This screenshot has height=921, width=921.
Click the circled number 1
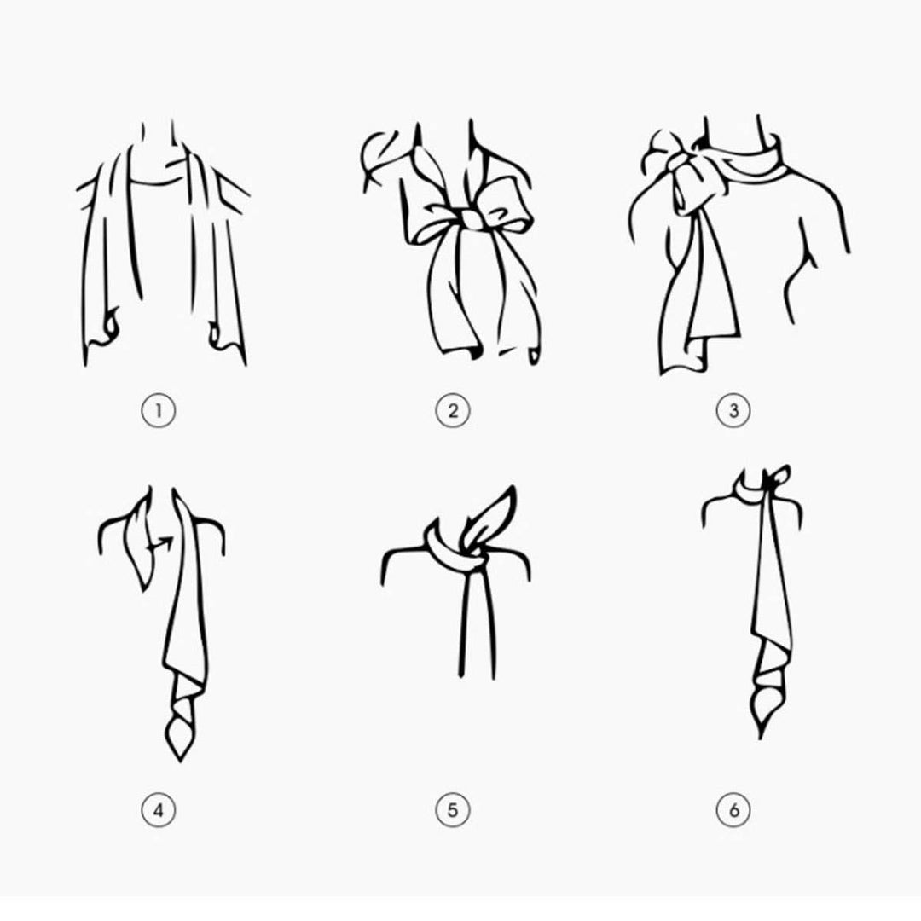point(158,410)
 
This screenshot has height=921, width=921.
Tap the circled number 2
point(453,410)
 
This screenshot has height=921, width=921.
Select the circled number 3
point(733,410)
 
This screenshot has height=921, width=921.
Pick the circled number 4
point(158,811)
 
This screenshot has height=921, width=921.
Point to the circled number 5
point(453,811)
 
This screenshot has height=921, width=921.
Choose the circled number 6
point(733,811)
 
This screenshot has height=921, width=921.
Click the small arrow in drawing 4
point(161,544)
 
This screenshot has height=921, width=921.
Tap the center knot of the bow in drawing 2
point(472,220)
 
